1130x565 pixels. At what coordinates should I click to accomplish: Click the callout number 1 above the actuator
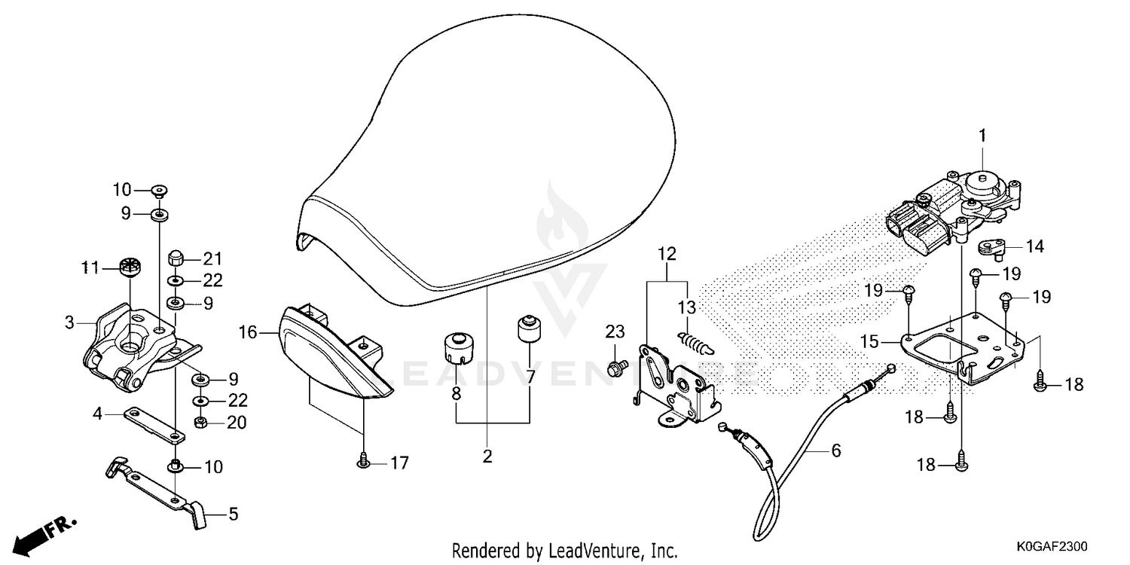982,136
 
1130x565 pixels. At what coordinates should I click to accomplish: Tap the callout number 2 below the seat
487,456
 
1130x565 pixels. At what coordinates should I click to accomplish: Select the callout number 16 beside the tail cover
248,332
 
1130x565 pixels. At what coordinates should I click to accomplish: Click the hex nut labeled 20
200,422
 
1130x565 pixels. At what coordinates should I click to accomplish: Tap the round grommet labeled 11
130,267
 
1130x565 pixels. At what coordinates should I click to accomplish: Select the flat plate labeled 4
154,424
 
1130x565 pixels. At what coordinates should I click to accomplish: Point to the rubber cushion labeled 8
459,347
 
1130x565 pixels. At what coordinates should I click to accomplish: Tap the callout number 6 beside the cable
836,450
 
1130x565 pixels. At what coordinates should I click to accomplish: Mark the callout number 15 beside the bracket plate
869,341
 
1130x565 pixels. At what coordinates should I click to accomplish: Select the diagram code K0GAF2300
1052,546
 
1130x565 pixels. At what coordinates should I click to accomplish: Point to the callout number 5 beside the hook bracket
233,514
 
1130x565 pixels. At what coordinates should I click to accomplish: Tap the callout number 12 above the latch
667,254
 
